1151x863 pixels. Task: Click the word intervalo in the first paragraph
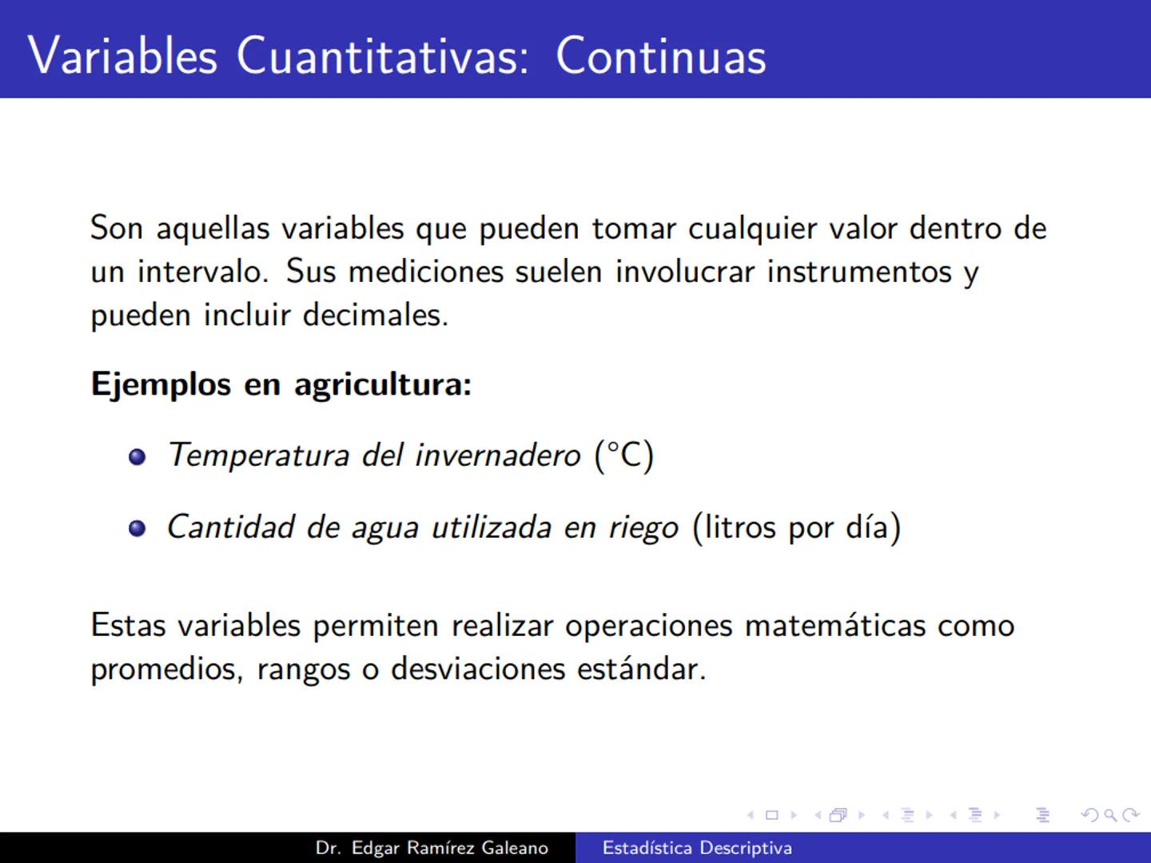(201, 272)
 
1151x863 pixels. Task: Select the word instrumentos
(859, 272)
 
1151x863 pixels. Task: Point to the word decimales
(375, 315)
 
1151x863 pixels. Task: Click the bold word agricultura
(383, 385)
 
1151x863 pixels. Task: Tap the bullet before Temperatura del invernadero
(137, 457)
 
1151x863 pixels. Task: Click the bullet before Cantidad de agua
(137, 529)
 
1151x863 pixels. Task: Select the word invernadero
(497, 455)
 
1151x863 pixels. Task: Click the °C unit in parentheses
(624, 455)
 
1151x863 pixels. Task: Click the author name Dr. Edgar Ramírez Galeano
(432, 848)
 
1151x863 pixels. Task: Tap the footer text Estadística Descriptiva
(697, 848)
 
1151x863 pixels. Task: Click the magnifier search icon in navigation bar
(1110, 815)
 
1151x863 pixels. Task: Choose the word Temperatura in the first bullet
(258, 455)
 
